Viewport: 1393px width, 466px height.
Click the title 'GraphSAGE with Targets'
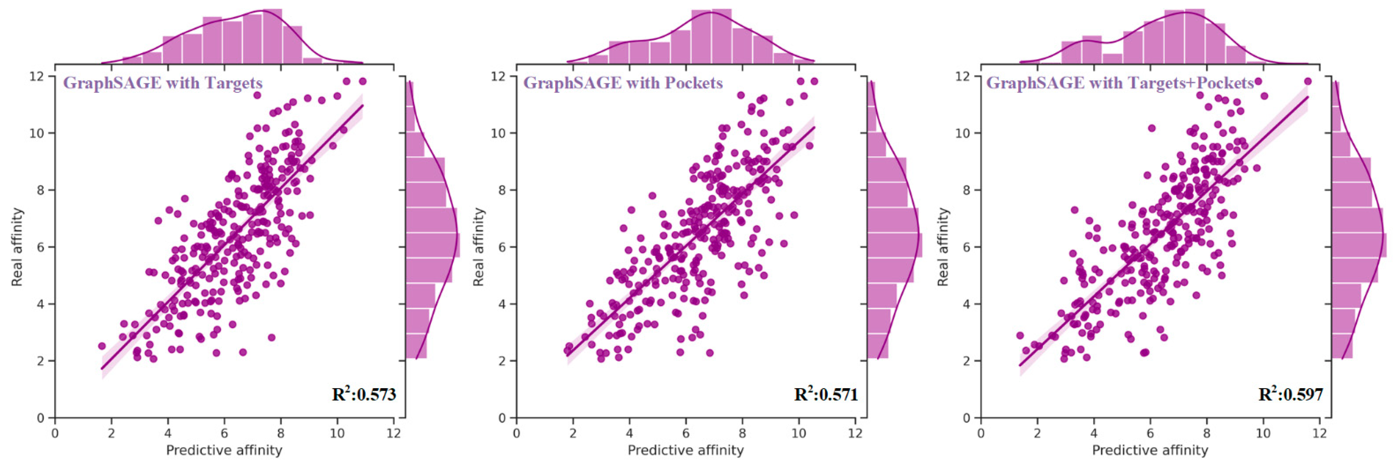click(163, 83)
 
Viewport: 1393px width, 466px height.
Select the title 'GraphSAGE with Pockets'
click(623, 83)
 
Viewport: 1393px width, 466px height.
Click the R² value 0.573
click(364, 395)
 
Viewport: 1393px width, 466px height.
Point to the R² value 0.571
click(826, 395)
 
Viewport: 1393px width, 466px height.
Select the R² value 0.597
click(1291, 395)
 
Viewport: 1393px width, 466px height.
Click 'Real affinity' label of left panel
click(17, 247)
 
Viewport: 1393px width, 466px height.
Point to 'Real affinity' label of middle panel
click(479, 247)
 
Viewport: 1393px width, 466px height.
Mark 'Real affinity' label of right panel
click(943, 247)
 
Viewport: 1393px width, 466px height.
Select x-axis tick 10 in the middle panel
click(799, 433)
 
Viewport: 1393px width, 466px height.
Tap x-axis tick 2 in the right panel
click(1037, 433)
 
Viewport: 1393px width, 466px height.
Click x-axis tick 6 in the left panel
click(224, 433)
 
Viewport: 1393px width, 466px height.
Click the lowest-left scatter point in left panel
click(102, 346)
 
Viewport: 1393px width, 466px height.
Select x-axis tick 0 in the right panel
click(981, 433)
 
